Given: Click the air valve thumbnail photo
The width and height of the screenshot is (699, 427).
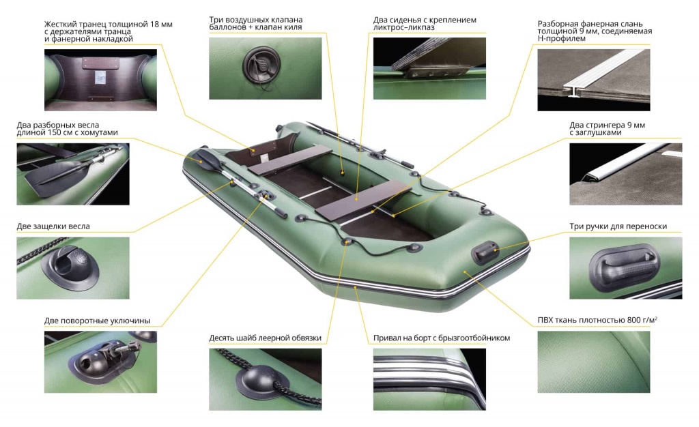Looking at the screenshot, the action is (x=266, y=68).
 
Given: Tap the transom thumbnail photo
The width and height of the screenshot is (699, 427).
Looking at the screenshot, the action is (x=101, y=80).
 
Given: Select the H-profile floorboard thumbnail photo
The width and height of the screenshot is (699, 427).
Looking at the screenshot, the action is (x=594, y=80).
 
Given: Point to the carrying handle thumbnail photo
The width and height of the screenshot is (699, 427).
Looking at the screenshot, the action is (x=625, y=268).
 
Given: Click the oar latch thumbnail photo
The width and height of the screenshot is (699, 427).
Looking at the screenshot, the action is (x=73, y=268).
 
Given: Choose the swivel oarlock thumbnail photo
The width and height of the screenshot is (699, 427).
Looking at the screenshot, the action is (x=101, y=362).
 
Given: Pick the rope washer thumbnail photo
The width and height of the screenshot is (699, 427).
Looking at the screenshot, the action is (x=266, y=379).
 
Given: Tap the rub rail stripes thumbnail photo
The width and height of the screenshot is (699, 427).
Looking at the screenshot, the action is (x=430, y=379).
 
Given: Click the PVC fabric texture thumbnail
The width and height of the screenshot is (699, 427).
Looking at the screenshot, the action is (x=594, y=362).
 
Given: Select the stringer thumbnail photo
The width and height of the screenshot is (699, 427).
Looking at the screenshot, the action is (x=625, y=174).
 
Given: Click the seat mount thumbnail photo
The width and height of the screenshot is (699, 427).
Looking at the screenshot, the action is (x=430, y=68).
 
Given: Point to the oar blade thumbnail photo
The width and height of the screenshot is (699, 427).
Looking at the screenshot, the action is (x=73, y=174).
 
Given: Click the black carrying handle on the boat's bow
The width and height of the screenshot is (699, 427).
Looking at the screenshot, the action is (x=486, y=252).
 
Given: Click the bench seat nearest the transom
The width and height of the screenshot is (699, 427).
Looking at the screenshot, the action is (x=290, y=160).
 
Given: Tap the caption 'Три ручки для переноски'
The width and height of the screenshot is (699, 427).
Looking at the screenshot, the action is (x=618, y=226).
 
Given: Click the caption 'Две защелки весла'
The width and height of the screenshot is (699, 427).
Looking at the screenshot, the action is (x=53, y=226).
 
